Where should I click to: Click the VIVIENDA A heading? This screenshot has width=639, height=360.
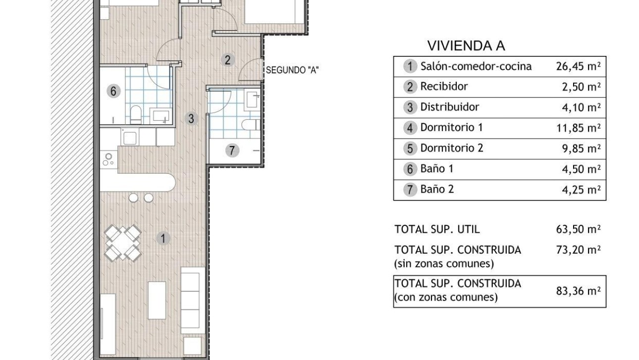(x=466, y=46)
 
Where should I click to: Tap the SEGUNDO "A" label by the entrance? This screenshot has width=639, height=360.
(x=292, y=70)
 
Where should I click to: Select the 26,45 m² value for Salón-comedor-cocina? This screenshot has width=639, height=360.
(x=578, y=66)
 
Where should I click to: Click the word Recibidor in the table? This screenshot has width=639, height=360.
(x=444, y=87)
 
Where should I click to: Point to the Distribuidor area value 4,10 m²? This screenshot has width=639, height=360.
(x=581, y=107)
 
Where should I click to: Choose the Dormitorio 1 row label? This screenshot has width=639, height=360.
(x=452, y=128)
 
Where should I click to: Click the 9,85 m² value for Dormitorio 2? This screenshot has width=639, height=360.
(x=581, y=149)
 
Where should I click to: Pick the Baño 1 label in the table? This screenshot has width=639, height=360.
(x=437, y=168)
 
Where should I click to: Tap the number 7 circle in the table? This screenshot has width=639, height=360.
(x=410, y=190)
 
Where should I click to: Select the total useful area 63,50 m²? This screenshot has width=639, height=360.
(x=578, y=229)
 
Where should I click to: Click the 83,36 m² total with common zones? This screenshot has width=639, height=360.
(x=578, y=291)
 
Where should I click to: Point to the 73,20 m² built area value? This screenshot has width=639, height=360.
(x=578, y=250)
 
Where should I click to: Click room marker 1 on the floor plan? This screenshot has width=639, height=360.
(x=163, y=239)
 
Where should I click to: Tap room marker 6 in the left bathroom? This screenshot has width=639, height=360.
(x=113, y=91)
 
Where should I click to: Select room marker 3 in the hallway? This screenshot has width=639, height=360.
(x=191, y=118)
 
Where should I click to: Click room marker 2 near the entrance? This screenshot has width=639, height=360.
(x=227, y=60)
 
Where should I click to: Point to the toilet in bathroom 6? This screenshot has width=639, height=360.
(x=136, y=114)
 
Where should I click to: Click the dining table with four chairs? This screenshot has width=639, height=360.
(x=123, y=243)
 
